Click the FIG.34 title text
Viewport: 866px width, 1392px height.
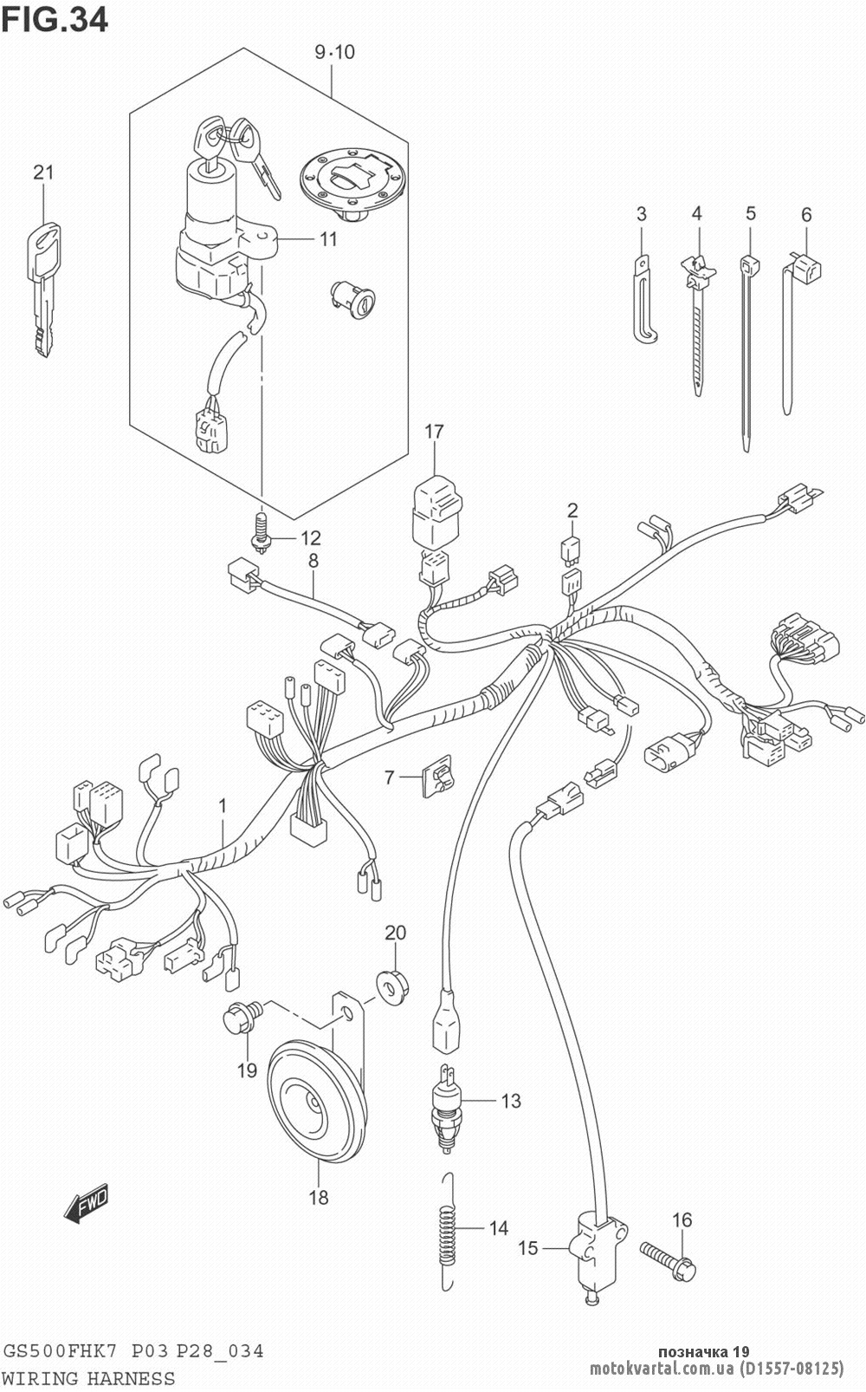pyautogui.click(x=55, y=20)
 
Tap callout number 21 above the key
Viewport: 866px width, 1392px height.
pyautogui.click(x=43, y=172)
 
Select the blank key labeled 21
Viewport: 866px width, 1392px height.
pyautogui.click(x=44, y=289)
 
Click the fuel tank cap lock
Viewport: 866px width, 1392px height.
pyautogui.click(x=354, y=184)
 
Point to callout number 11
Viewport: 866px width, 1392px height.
pyautogui.click(x=327, y=239)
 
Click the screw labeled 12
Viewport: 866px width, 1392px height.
pyautogui.click(x=261, y=531)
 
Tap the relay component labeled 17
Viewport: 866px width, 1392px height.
pyautogui.click(x=436, y=517)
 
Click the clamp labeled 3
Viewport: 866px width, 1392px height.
pyautogui.click(x=643, y=298)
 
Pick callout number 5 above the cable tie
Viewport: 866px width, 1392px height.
pyautogui.click(x=751, y=214)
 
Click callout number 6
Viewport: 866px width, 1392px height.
pyautogui.click(x=805, y=214)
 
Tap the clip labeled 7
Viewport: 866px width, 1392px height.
pyautogui.click(x=437, y=776)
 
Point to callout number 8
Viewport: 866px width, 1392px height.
pyautogui.click(x=313, y=561)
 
